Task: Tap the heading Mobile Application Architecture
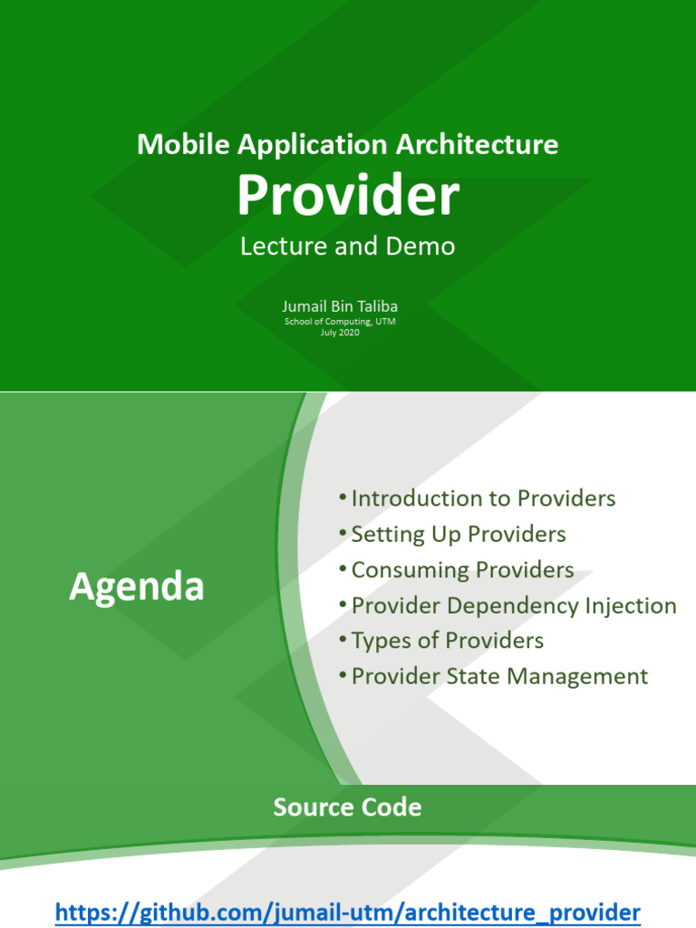pos(348,144)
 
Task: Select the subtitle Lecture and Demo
pos(348,246)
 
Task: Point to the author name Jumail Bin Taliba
pos(340,306)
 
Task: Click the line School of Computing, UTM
pos(340,322)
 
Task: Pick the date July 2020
pos(340,333)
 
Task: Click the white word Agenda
pos(137,588)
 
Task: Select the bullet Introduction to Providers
pos(483,498)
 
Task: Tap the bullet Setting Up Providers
pos(458,534)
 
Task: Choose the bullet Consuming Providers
pos(462,569)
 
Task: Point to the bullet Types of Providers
pos(447,641)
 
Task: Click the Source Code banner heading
pos(348,807)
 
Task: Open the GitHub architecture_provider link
pos(348,912)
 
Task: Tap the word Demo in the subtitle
pos(425,246)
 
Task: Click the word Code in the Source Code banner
pos(392,807)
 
